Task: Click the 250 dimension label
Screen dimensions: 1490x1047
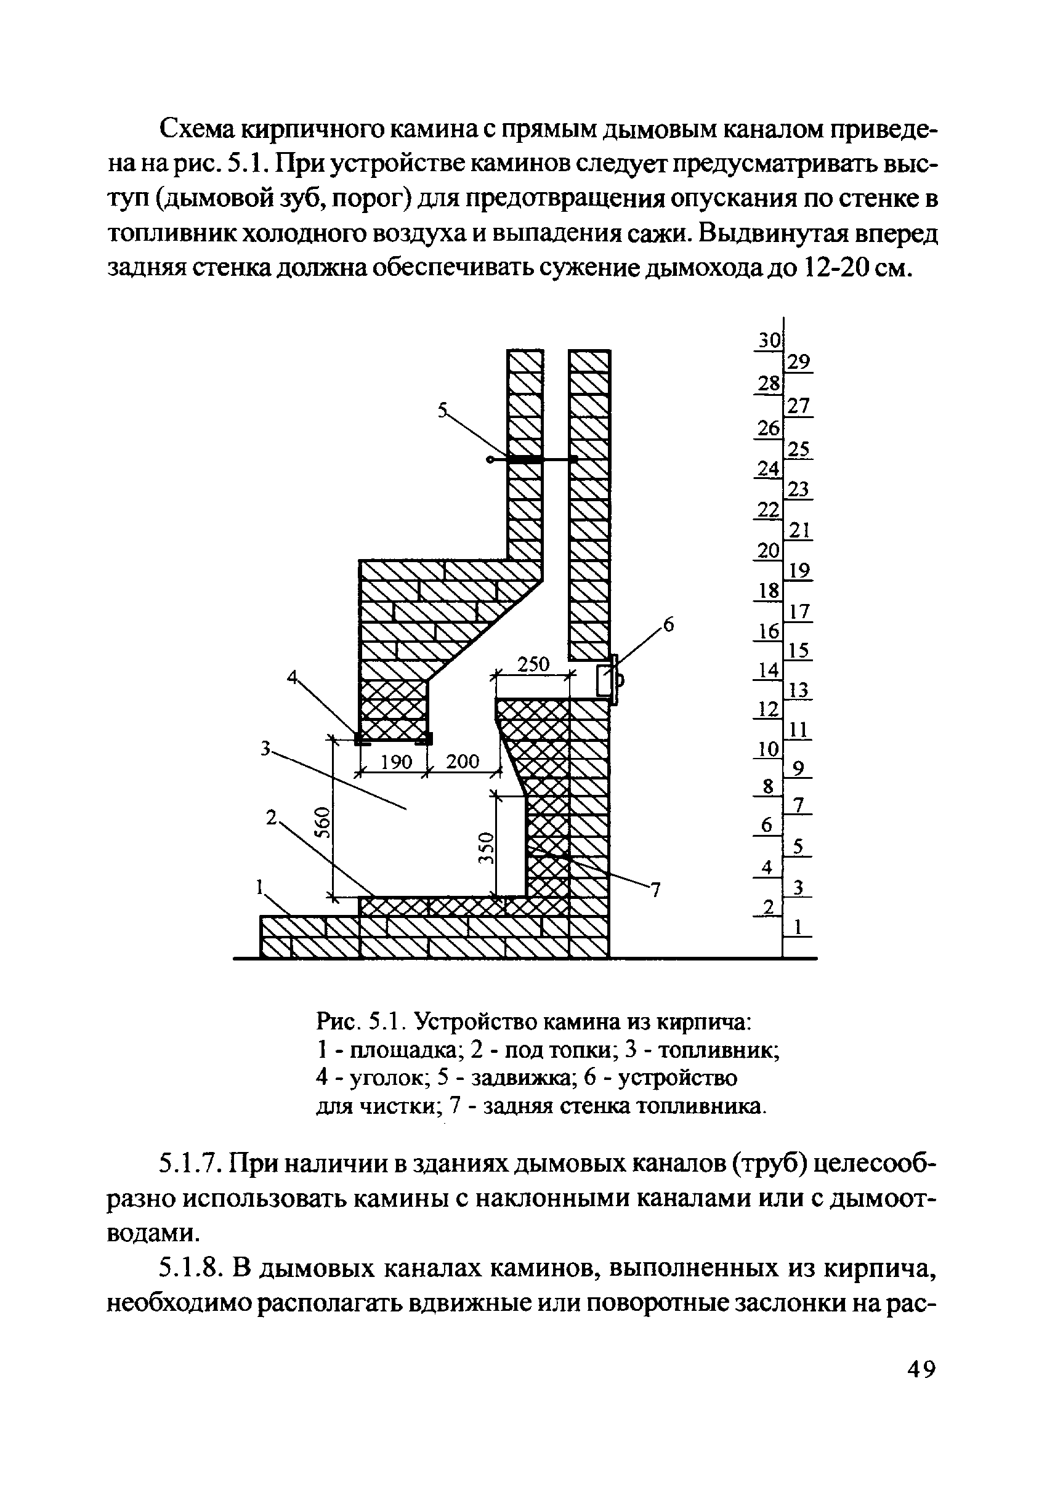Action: [x=533, y=664]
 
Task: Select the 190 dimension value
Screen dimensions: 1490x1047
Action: [x=396, y=762]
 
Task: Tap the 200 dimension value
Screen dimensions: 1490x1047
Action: [x=462, y=762]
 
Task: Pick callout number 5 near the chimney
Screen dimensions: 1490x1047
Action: [x=443, y=409]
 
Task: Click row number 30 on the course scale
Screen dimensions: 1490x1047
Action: [x=769, y=340]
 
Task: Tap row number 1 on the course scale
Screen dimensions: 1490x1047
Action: [x=799, y=928]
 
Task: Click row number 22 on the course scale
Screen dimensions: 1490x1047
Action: [x=769, y=510]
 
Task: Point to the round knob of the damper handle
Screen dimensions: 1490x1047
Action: [x=490, y=460]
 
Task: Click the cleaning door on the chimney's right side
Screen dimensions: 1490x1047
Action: [x=607, y=680]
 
